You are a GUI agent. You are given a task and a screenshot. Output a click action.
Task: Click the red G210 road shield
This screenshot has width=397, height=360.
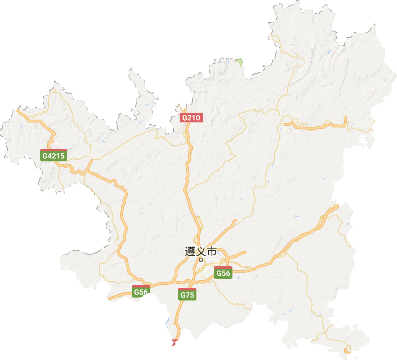coord(191,118)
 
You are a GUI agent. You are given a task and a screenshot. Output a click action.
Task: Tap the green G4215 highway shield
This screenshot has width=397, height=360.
coord(54,155)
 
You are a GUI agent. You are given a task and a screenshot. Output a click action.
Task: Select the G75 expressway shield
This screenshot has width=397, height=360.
coord(187,295)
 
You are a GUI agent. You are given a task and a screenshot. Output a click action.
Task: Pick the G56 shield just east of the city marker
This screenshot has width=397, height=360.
coord(223,273)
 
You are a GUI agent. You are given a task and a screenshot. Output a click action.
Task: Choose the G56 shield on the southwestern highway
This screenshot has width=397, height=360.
coord(141,292)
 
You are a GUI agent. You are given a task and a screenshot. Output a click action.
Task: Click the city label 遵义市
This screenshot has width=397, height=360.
coord(201,251)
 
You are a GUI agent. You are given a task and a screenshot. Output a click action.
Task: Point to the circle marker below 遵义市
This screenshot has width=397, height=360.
coord(201,260)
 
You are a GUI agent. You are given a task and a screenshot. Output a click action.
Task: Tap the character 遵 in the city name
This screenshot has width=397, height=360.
coord(190,251)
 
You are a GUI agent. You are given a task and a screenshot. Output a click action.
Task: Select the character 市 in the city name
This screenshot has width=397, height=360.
coord(212,251)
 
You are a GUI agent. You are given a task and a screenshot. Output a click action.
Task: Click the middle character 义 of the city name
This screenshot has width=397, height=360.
coord(201,251)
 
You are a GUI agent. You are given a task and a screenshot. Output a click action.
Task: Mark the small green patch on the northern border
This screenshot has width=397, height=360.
coord(239,62)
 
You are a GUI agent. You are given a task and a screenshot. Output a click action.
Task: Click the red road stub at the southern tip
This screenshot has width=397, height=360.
coord(174,343)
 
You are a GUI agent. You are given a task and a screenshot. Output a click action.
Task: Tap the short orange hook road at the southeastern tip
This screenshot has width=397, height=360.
coord(347,350)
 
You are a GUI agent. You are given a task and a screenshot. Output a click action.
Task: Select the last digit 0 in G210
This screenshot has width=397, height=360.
coord(198,118)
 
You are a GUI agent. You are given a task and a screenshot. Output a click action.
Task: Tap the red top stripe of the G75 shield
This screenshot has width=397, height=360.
coord(187,290)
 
